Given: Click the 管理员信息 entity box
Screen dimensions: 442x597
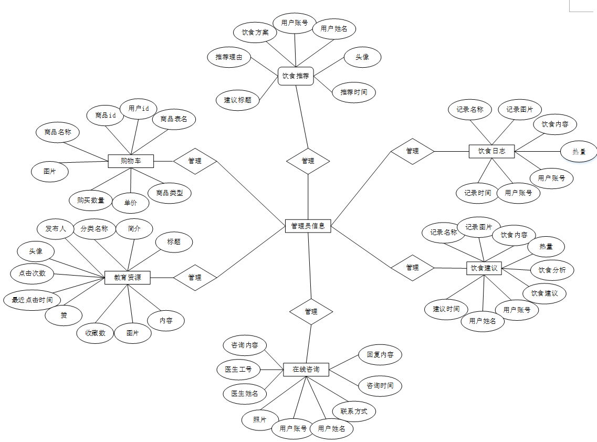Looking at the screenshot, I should [x=308, y=226].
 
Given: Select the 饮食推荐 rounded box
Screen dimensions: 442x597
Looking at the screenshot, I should [x=295, y=76].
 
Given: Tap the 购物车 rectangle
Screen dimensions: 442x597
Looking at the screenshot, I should [x=131, y=161].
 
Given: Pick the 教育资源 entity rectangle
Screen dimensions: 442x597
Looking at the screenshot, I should [x=128, y=277].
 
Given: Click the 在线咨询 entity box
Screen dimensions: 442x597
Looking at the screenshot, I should [x=306, y=370].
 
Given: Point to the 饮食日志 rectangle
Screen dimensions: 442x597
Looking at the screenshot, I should [x=491, y=151].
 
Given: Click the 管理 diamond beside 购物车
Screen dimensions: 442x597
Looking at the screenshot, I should [x=195, y=161].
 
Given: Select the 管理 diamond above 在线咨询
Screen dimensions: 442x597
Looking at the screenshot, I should [x=311, y=311].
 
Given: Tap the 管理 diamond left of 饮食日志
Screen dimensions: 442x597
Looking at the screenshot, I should [x=413, y=151].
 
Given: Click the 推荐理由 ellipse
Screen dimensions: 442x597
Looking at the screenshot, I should [x=229, y=57].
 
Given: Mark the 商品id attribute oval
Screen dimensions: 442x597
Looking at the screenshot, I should [x=105, y=115].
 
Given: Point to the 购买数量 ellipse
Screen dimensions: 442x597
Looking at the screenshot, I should [x=90, y=200].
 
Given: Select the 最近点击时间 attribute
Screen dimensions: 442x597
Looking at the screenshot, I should [x=28, y=300].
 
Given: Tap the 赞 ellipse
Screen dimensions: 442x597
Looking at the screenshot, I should [x=64, y=315].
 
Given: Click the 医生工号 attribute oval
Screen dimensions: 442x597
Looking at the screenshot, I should [x=238, y=369].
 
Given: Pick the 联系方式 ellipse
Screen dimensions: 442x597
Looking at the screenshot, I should [x=354, y=412].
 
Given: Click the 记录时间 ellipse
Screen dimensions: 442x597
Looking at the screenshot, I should [x=477, y=193].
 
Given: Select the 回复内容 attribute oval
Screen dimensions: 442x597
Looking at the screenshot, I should [x=380, y=354].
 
